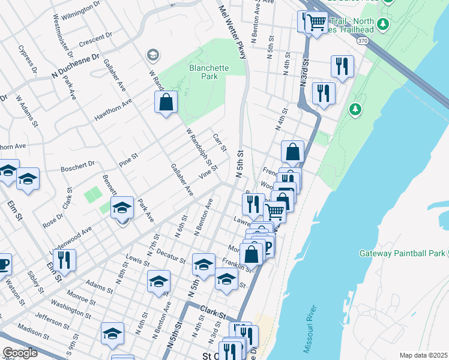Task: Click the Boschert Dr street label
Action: click(x=78, y=165)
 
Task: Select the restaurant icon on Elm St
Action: click(x=64, y=259)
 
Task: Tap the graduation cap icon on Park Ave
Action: click(x=122, y=208)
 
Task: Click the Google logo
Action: click(x=19, y=353)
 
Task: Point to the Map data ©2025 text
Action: click(x=424, y=355)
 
